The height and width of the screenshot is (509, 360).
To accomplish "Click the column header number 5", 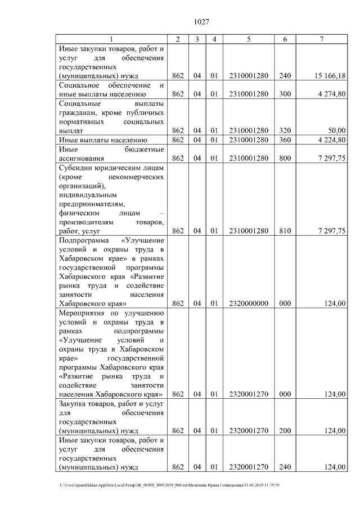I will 248,39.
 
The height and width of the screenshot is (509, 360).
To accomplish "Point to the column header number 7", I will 321,39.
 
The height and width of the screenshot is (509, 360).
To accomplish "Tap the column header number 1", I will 111,39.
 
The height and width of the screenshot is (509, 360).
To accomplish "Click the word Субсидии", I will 75,168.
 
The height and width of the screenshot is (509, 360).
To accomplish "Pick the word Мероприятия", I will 83,313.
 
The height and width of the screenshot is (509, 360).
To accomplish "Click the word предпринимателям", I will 92,204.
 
